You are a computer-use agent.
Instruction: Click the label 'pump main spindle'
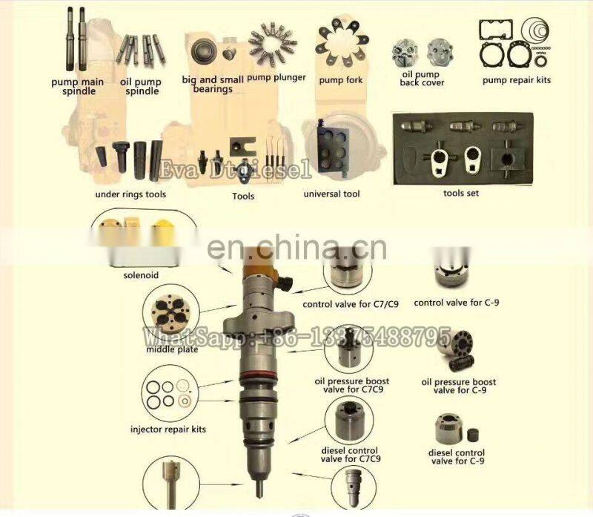78,86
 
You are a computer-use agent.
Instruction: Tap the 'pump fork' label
341,80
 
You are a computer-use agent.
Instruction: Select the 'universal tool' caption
331,194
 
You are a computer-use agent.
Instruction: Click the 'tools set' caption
461,193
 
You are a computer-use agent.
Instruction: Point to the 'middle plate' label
172,349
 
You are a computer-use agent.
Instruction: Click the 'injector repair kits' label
168,429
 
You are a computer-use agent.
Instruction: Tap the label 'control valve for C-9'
457,303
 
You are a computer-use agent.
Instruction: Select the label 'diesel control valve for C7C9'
350,455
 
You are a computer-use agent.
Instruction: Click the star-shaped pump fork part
342,43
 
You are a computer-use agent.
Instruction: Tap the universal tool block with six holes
333,149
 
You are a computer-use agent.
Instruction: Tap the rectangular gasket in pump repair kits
496,30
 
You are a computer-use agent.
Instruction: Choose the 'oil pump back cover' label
422,79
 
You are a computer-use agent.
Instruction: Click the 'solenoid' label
141,275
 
